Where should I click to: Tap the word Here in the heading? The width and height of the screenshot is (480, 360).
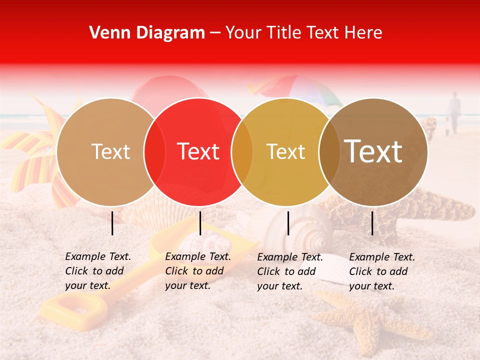pyautogui.click(x=364, y=33)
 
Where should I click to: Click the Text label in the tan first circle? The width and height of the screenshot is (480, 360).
pyautogui.click(x=111, y=151)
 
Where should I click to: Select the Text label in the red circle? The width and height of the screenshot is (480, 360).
pyautogui.click(x=198, y=151)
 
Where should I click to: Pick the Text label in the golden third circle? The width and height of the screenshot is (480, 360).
pyautogui.click(x=286, y=151)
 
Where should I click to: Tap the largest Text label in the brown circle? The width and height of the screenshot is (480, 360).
pyautogui.click(x=373, y=151)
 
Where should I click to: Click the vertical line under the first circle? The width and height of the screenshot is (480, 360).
pyautogui.click(x=112, y=223)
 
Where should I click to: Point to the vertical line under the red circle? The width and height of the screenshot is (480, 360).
pyautogui.click(x=200, y=223)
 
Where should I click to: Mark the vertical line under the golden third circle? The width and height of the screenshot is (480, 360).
pyautogui.click(x=288, y=223)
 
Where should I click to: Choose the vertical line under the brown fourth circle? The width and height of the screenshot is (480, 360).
pyautogui.click(x=372, y=223)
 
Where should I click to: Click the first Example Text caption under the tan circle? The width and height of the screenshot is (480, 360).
pyautogui.click(x=98, y=271)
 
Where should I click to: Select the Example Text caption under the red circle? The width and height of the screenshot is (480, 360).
pyautogui.click(x=198, y=271)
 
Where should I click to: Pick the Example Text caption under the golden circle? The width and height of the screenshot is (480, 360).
pyautogui.click(x=290, y=271)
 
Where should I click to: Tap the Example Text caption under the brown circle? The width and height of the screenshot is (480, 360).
pyautogui.click(x=382, y=271)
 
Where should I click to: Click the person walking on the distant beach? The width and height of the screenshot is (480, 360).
pyautogui.click(x=454, y=112)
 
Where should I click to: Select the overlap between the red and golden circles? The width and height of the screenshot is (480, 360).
pyautogui.click(x=242, y=151)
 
